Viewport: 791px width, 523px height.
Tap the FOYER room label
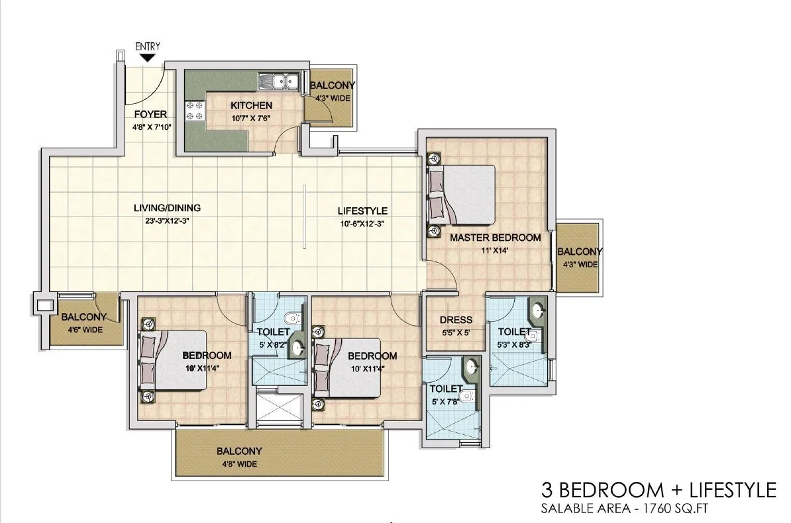click(x=150, y=114)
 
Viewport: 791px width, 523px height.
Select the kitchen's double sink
click(x=279, y=82)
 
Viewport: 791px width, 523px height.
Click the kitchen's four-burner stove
click(x=194, y=111)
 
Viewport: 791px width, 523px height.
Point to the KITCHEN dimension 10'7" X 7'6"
click(x=250, y=119)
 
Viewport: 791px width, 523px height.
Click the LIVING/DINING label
click(x=167, y=208)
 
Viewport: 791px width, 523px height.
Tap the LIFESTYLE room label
click(x=362, y=211)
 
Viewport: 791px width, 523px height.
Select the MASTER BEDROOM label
click(x=496, y=237)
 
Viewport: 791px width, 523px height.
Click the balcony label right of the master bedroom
click(x=580, y=252)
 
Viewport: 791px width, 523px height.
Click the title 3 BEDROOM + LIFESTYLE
click(x=659, y=490)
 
